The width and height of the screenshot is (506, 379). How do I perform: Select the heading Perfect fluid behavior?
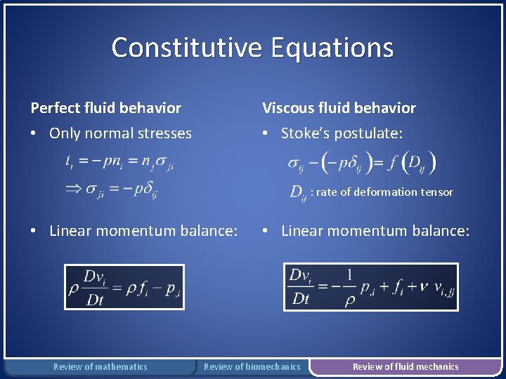click(x=105, y=108)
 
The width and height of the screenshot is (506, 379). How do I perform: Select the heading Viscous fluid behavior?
click(x=339, y=108)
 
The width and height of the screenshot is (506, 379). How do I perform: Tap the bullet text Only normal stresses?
click(x=120, y=133)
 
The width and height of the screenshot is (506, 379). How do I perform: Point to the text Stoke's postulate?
click(x=342, y=133)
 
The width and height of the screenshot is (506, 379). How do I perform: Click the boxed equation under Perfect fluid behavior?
click(x=124, y=287)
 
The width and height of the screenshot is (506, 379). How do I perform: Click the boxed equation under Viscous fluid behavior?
click(x=370, y=287)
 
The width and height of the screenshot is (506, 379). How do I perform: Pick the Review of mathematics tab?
click(x=100, y=366)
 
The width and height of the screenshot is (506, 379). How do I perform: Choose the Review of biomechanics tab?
click(x=252, y=366)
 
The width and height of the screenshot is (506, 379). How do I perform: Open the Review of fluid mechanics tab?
click(x=406, y=366)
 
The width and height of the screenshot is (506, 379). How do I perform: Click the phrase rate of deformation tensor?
click(x=385, y=192)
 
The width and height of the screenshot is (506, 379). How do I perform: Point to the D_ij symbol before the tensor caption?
click(x=298, y=193)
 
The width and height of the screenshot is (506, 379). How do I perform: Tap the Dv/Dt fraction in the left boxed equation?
click(x=94, y=287)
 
